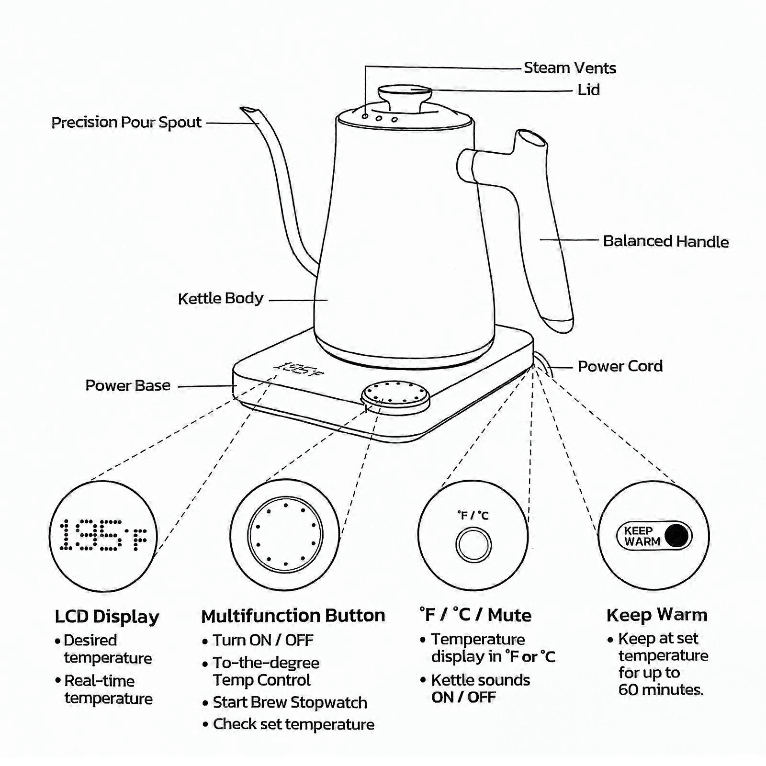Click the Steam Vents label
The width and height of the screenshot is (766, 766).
[569, 68]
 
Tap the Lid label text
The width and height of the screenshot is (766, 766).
[588, 90]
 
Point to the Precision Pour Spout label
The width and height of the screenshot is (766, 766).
[126, 123]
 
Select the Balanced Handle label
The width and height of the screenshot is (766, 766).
[665, 241]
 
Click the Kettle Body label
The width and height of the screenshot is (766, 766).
[220, 299]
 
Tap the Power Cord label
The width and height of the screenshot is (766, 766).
[620, 366]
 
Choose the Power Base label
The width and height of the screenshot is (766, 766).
[128, 385]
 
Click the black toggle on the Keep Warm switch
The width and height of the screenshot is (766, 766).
[676, 535]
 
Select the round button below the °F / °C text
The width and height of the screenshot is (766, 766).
[473, 545]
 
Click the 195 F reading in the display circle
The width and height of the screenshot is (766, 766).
[103, 535]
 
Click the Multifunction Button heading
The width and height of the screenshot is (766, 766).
[293, 616]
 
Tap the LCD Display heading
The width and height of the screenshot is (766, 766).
[107, 617]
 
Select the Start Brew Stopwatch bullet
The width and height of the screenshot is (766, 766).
[290, 702]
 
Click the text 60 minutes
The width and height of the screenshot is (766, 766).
[661, 690]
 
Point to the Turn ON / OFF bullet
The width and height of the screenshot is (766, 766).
[263, 640]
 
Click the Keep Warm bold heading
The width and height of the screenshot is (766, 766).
[656, 615]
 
